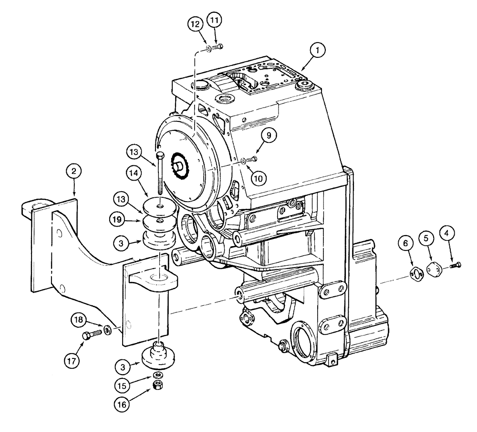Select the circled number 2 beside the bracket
click(x=74, y=171)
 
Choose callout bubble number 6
click(x=405, y=244)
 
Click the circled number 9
click(x=268, y=136)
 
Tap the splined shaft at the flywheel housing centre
click(x=182, y=167)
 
